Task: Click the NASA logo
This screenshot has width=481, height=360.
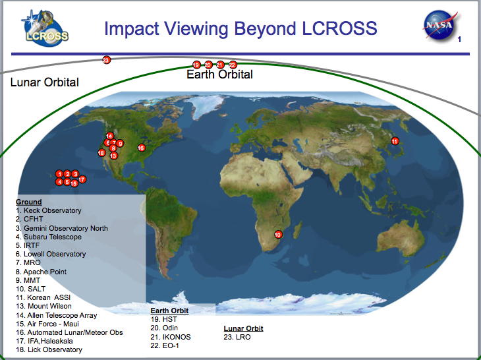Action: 440,26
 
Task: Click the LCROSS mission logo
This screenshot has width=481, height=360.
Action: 45,28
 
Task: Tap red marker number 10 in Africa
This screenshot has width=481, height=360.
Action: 278,235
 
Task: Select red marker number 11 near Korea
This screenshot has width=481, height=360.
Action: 395,141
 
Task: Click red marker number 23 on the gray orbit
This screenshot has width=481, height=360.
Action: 106,60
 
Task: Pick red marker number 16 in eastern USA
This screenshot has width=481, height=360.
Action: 141,148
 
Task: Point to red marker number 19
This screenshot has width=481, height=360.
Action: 196,65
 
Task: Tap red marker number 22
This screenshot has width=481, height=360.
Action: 233,65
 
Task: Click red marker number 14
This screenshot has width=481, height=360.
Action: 109,136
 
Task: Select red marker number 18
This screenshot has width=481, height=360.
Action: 101,152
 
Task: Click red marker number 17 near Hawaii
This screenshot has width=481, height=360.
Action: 82,179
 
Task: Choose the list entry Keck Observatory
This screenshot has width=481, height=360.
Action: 49,210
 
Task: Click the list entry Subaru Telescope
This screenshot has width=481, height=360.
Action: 49,237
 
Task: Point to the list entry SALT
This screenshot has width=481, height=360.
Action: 31,289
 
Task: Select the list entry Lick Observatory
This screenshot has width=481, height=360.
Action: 49,349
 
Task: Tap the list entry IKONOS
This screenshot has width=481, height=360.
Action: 171,337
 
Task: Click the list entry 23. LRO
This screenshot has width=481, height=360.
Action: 237,337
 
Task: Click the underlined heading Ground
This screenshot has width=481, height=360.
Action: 29,202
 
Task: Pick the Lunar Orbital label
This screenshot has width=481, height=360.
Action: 45,82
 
